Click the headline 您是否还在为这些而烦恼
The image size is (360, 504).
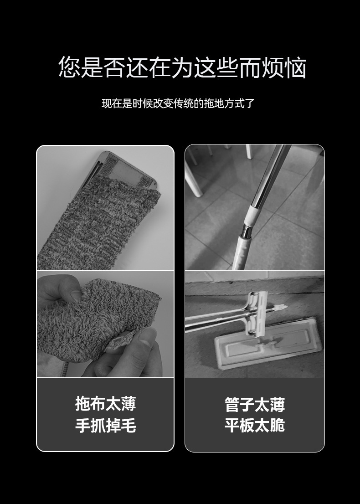click(x=182, y=67)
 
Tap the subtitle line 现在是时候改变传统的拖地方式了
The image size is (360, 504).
click(x=178, y=103)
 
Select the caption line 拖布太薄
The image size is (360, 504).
click(x=105, y=404)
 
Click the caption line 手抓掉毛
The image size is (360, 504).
click(x=105, y=426)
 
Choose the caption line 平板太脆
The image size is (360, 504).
click(x=254, y=426)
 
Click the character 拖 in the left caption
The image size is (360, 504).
click(x=83, y=404)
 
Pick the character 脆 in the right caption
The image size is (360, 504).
click(x=277, y=426)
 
